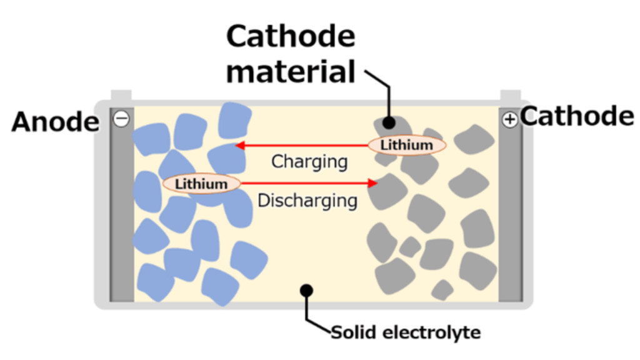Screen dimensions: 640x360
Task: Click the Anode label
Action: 56,122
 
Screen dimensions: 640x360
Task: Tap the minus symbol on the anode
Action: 121,119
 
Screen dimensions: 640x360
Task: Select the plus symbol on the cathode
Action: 509,119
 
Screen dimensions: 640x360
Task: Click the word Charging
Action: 309,162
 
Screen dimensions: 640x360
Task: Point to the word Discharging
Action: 307,201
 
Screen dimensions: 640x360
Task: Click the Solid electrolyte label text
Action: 406,332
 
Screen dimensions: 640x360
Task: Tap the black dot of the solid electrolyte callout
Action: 306,290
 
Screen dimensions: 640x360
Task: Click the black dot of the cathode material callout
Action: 389,122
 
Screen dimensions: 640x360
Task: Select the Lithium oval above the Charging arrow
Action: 407,145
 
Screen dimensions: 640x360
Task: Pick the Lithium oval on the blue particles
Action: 201,184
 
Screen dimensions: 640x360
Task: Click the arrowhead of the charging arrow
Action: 241,145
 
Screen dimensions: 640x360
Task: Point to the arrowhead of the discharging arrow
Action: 372,183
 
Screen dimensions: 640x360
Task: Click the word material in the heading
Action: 291,72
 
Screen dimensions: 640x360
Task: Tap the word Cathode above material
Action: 291,36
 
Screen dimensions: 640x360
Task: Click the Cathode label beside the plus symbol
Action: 577,116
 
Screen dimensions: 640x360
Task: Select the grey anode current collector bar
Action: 122,204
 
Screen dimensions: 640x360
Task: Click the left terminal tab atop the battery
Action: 121,95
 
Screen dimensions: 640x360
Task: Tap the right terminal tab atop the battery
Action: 511,95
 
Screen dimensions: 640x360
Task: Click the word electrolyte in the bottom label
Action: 431,332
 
